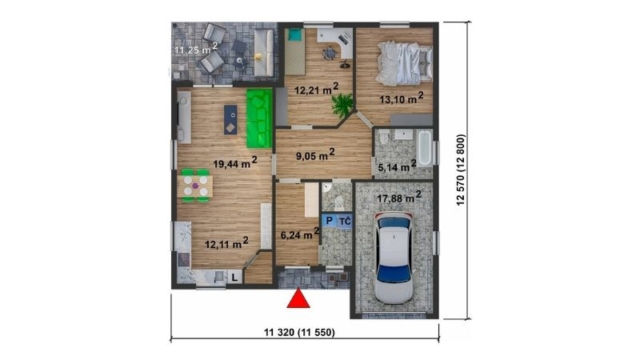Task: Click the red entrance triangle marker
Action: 298,298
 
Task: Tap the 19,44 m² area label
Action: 235,162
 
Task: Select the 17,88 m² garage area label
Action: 399,197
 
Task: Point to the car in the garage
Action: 394,258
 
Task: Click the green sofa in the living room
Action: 259,118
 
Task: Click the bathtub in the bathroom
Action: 425,148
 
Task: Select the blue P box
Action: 329,222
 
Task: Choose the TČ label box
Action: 345,222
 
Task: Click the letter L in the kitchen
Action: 234,278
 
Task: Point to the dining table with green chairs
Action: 195,186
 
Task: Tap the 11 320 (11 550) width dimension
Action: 299,333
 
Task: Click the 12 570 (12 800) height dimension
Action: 461,170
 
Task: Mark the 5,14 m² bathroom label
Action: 397,166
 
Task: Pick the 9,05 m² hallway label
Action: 315,154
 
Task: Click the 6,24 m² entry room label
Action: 300,234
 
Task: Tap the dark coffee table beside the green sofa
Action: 230,120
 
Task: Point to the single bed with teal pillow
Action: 294,51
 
